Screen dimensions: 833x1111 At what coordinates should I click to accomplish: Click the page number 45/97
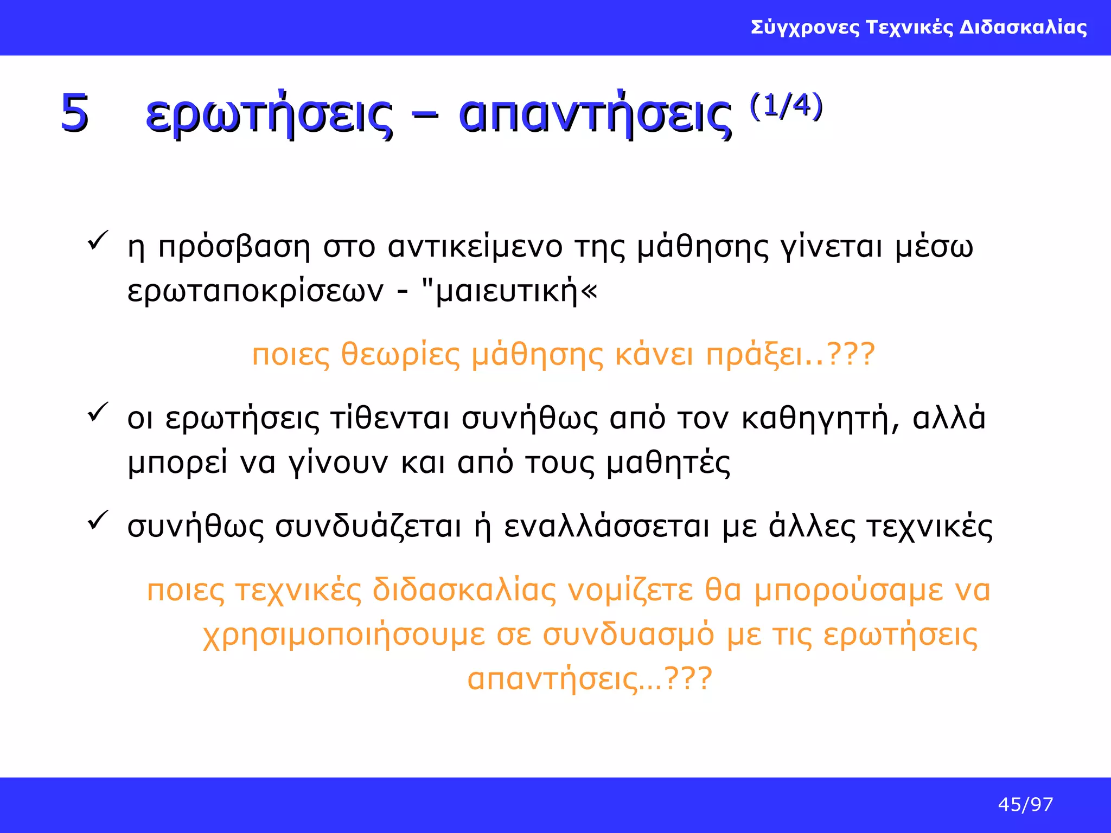tap(1025, 805)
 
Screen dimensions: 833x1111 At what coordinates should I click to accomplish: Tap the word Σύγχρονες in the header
tap(805, 27)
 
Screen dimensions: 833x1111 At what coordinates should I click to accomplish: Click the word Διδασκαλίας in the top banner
tap(1023, 27)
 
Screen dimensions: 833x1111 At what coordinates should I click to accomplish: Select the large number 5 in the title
tap(74, 113)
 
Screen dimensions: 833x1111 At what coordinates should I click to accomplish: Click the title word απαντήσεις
tap(595, 115)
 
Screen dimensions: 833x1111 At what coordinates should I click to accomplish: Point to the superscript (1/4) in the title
tap(786, 106)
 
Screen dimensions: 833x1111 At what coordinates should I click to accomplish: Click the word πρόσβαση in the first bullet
tap(234, 248)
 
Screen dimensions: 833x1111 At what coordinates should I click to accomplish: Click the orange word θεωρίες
tap(400, 356)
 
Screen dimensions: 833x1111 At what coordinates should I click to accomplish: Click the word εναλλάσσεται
tap(606, 527)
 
